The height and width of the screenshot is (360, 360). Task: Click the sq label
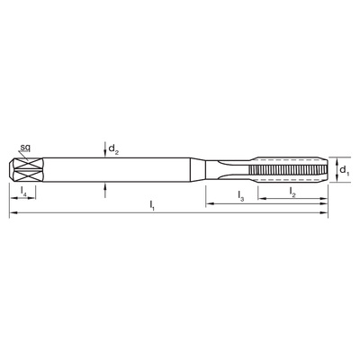click(25, 148)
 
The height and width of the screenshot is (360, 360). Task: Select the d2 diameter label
click(113, 148)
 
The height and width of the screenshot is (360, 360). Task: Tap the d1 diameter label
click(345, 171)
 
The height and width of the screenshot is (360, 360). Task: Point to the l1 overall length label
click(152, 205)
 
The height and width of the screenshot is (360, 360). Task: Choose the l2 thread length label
click(292, 193)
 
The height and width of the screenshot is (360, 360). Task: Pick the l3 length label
click(241, 196)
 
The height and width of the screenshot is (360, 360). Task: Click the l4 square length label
click(23, 191)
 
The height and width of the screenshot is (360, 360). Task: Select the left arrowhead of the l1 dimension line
click(13, 212)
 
